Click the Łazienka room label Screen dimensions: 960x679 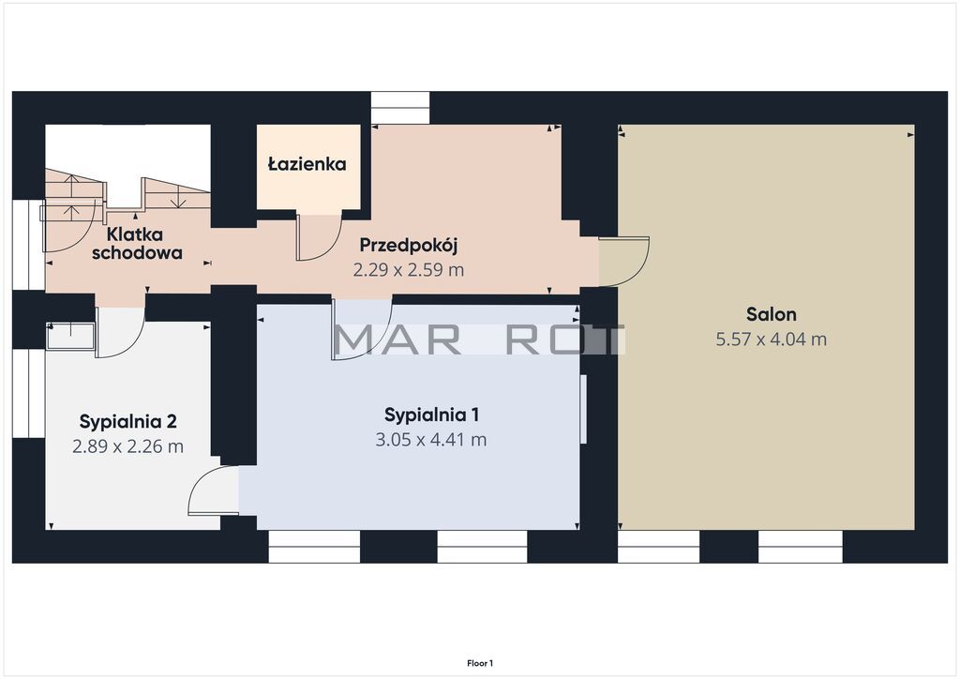pos(307,164)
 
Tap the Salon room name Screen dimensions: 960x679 pos(771,314)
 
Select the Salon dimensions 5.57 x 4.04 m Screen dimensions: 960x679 pos(771,339)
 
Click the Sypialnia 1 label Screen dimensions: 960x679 pos(431,415)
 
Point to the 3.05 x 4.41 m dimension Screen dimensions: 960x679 pos(431,440)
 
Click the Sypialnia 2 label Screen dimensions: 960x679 pos(127,421)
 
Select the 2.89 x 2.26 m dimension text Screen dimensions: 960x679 pos(127,446)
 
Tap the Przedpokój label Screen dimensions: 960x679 pos(409,245)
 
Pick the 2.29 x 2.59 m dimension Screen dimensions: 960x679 pos(409,270)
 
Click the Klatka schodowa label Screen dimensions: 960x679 pos(137,243)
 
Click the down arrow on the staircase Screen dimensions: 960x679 pos(181,194)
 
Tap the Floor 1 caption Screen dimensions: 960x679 pos(480,663)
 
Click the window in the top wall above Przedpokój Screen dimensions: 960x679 pos(400,108)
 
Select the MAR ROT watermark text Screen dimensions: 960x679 pos(479,340)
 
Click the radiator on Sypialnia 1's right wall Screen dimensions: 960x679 pos(583,408)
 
